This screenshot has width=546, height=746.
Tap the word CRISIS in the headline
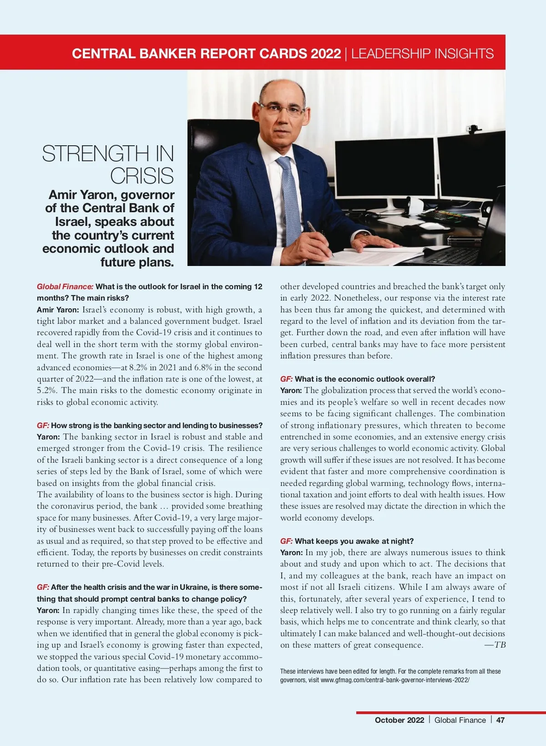tap(142, 176)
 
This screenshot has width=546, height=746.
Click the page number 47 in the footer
tap(500, 720)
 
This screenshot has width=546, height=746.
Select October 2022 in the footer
tap(399, 720)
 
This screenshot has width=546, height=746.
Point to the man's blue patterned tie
tap(289, 200)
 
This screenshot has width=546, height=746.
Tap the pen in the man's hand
tap(318, 237)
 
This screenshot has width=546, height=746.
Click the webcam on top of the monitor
tap(473, 130)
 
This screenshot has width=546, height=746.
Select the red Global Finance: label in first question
tap(65, 286)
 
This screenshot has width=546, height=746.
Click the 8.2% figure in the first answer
tap(138, 368)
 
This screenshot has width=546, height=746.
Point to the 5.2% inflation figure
tap(46, 390)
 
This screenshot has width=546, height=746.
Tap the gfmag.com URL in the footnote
tap(394, 680)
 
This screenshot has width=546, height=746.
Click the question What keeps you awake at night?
tap(354, 541)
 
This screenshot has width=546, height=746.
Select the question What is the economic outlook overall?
tap(364, 379)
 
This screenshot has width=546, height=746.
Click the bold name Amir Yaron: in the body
tap(58, 310)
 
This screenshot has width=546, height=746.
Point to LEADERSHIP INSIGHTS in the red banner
tap(422, 53)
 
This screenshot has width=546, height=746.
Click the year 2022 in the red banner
tap(326, 53)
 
